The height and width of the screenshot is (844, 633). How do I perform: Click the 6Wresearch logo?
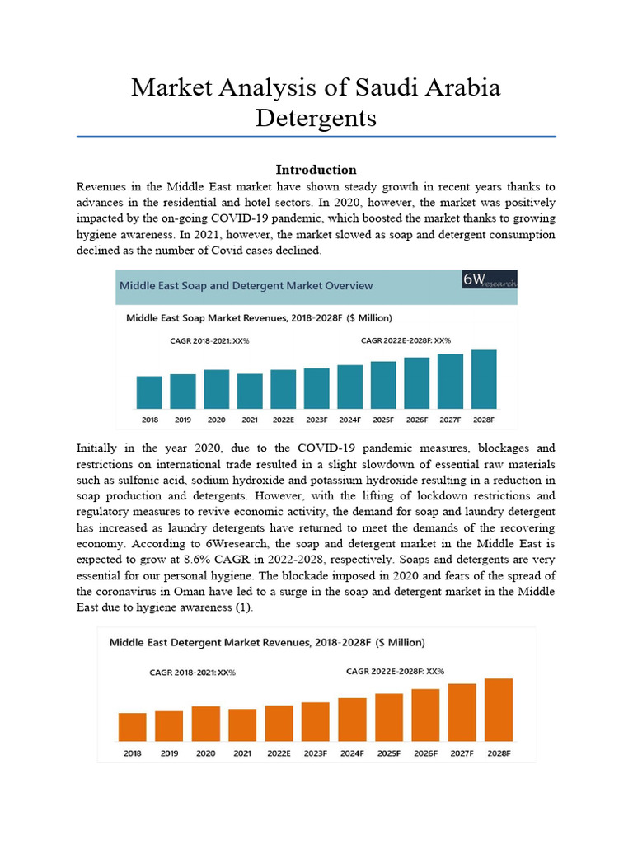pos(490,279)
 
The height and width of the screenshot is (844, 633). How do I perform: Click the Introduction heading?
pos(316,170)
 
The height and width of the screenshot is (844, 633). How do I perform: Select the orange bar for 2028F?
pos(499,709)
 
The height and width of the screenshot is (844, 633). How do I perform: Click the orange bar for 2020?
pos(206,723)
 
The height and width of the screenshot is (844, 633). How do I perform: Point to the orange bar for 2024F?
pos(352,719)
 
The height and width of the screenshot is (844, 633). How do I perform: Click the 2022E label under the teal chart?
pos(283,420)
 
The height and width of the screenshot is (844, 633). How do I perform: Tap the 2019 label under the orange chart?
pos(169,753)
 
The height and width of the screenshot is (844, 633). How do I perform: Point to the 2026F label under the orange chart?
pos(425,753)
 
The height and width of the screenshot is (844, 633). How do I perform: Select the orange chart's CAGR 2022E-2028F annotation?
pos(395,671)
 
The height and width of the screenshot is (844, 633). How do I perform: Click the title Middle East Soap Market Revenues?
pos(259,317)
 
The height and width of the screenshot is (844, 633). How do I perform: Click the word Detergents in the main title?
pos(316,117)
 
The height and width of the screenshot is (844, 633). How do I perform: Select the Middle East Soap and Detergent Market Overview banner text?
pos(246,286)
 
